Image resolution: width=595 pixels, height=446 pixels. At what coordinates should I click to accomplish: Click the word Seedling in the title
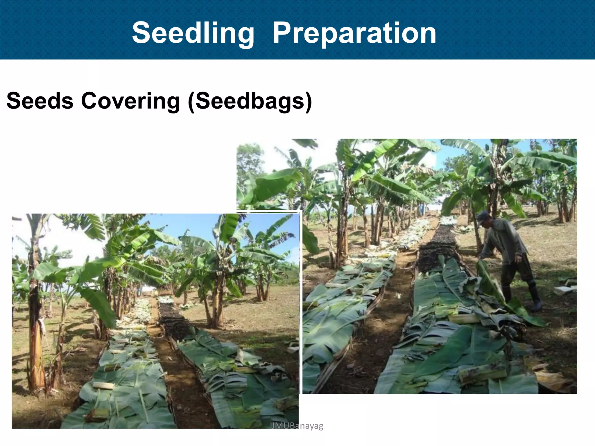coord(193,33)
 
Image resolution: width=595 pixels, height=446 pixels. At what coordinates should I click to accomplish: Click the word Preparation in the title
coord(354,33)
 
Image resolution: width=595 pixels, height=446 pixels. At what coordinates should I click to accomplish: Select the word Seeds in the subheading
coord(40,101)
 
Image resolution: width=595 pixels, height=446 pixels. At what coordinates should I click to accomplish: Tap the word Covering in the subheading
coord(130,101)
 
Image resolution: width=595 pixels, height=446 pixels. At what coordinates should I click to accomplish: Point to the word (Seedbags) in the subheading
coord(250,101)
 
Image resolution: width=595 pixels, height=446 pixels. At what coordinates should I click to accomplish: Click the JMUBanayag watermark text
coord(297,426)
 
